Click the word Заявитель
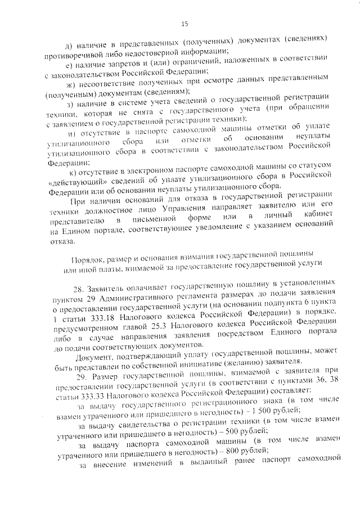111,288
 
